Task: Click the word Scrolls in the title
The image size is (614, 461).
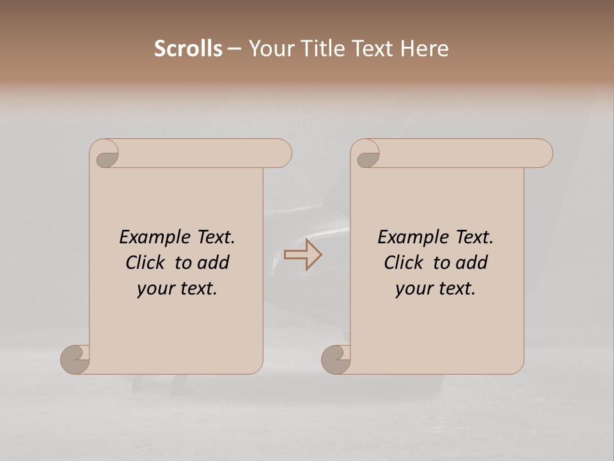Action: point(188,49)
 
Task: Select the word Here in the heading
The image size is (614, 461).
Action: point(424,49)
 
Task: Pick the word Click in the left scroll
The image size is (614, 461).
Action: point(147,263)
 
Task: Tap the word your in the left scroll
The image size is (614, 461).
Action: point(155,289)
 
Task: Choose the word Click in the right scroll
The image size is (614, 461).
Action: point(404,263)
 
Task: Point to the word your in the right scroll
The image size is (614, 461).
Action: point(414,289)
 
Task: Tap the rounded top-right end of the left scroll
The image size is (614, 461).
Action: point(281,154)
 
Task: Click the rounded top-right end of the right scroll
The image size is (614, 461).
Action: point(542,154)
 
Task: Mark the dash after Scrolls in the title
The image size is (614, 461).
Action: point(235,49)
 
